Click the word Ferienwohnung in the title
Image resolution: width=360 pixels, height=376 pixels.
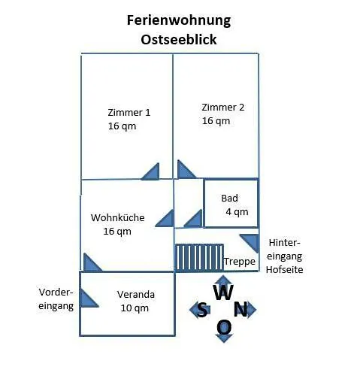(179, 21)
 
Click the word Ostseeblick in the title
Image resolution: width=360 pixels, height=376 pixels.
(179, 40)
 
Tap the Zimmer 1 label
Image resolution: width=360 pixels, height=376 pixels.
(129, 112)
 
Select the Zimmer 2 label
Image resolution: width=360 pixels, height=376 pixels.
(223, 107)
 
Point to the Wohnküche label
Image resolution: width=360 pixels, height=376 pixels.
(117, 217)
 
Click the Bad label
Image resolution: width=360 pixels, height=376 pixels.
(229, 199)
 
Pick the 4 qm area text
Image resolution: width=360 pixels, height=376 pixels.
(237, 212)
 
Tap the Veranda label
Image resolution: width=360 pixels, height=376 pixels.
(136, 295)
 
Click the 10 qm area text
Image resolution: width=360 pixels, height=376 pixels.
(135, 308)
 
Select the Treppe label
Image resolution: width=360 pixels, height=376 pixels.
(240, 262)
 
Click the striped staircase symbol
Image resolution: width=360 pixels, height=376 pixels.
(199, 257)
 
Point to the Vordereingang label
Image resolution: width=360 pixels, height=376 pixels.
(56, 299)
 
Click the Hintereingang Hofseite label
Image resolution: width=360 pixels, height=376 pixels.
(284, 256)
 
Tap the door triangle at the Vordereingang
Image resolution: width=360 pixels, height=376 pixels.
(87, 299)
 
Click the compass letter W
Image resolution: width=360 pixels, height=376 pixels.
(223, 293)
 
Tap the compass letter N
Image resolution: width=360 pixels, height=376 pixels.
(241, 309)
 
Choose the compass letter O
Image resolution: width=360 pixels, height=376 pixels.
(224, 328)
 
